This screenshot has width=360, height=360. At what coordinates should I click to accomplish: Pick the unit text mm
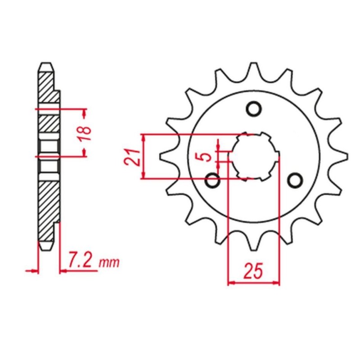(x=110, y=262)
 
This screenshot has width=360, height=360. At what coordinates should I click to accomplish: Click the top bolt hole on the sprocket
(x=253, y=109)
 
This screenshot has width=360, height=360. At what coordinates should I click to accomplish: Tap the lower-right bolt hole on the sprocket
(x=295, y=180)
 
